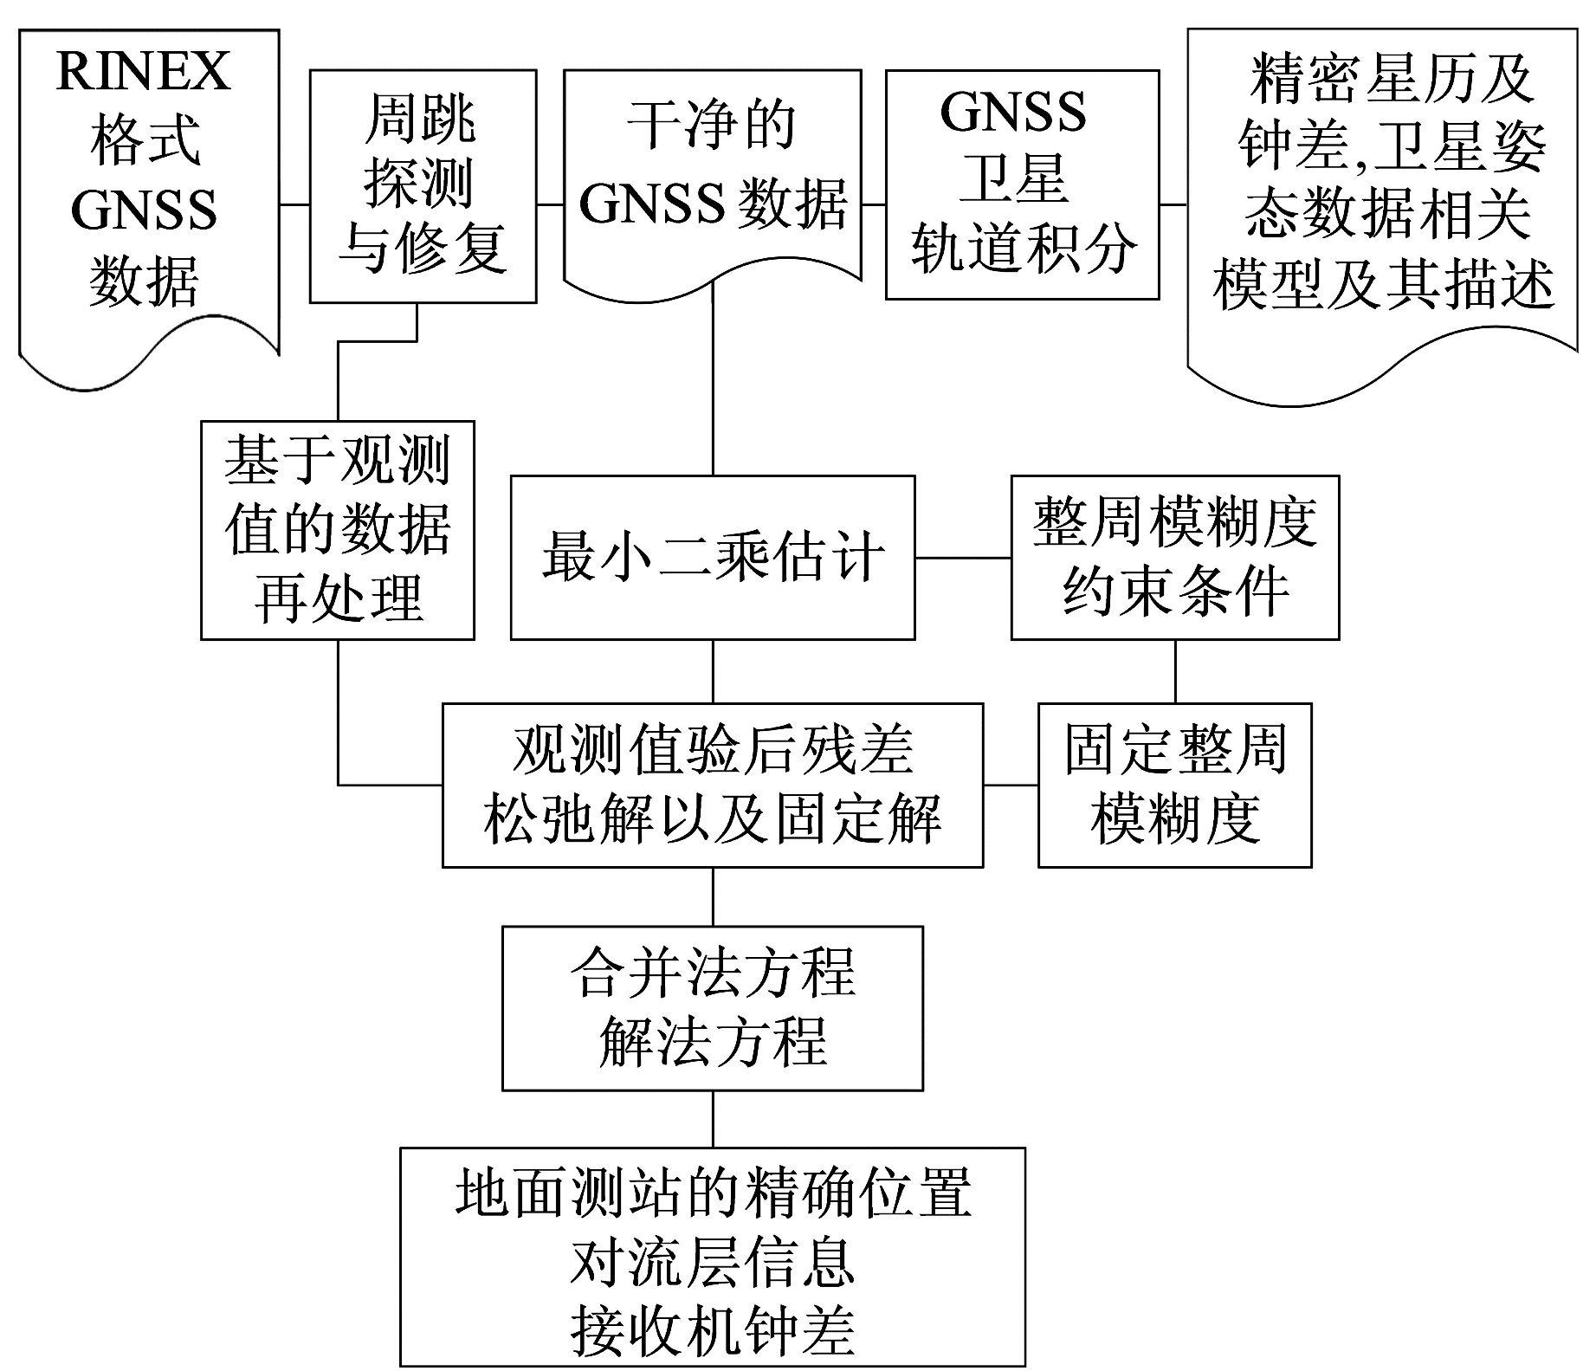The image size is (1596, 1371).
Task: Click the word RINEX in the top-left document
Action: point(143,71)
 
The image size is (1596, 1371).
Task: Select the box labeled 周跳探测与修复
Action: point(423,185)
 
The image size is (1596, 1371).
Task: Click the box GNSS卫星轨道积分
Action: point(1022,184)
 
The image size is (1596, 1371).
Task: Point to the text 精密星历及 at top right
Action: point(1391,80)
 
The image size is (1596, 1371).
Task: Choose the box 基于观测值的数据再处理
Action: point(338,530)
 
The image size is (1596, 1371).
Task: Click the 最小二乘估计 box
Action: point(713,557)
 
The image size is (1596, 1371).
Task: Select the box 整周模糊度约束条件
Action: point(1175,557)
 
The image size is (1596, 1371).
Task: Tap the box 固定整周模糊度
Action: point(1175,785)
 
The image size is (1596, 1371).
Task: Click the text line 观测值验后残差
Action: point(713,750)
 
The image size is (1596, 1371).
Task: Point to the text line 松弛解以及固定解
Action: point(713,819)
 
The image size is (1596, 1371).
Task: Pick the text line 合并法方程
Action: point(713,973)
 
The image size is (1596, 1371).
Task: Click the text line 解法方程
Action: point(713,1042)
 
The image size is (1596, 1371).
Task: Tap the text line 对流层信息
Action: point(713,1263)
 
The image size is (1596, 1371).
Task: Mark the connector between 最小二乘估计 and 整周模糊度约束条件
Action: point(963,557)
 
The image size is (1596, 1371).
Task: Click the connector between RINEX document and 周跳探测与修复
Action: point(294,205)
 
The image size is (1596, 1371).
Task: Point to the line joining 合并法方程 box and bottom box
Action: point(713,1119)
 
